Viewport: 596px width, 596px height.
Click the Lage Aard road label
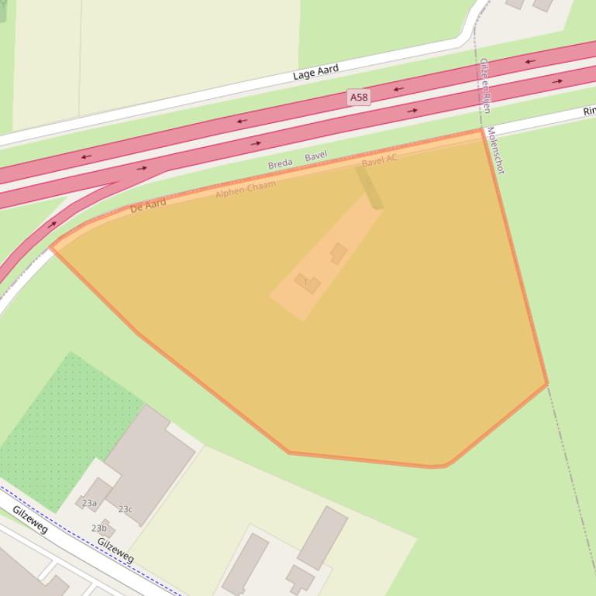[x=315, y=73]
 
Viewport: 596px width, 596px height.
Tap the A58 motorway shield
[x=358, y=98]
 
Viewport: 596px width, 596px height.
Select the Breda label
[x=280, y=164]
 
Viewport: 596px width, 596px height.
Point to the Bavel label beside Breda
[x=315, y=156]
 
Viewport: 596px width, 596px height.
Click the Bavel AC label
[x=379, y=161]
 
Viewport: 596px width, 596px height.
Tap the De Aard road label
[x=147, y=206]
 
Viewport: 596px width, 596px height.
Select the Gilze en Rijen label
[x=484, y=85]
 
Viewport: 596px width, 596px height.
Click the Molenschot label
[x=496, y=151]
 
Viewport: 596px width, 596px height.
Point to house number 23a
[x=90, y=503]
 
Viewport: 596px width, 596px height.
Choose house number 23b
[x=99, y=528]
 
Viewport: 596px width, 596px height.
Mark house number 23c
[x=125, y=509]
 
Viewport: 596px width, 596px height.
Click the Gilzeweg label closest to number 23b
[x=115, y=550]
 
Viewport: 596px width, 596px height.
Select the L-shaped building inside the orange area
[x=308, y=283]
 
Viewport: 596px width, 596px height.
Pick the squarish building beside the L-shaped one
[x=339, y=253]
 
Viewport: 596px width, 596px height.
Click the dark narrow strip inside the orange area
[x=369, y=187]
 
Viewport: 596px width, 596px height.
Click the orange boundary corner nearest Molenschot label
[x=483, y=130]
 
